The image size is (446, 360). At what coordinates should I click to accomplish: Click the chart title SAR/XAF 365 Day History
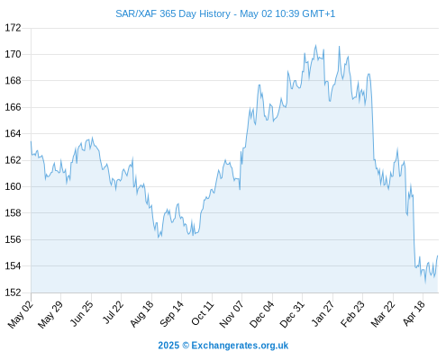point(173,13)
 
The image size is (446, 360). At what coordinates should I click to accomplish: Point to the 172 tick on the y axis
point(13,28)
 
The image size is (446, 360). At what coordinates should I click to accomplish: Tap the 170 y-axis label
point(13,54)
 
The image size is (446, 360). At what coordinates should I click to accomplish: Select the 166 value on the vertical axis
point(13,107)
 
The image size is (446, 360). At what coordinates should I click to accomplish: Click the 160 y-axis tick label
point(13,186)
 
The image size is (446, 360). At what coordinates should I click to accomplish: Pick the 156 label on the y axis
point(13,239)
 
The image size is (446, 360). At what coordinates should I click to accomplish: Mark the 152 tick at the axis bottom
point(13,292)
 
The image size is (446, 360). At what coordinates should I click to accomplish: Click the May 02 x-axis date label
point(21,314)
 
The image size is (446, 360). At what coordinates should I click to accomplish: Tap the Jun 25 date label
point(81,313)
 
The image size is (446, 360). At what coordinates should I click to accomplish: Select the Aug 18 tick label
point(141,313)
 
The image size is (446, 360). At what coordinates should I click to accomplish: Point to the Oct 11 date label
point(202,313)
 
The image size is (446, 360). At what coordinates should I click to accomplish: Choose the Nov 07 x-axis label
point(231,314)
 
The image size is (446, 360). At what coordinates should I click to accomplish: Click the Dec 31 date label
point(292,314)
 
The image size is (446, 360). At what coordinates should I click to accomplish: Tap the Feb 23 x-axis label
point(352,314)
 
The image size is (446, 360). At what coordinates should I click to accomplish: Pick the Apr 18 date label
point(414,313)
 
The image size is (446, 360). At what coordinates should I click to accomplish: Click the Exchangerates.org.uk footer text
point(240,346)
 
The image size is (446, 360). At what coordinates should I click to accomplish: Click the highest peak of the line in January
point(315,45)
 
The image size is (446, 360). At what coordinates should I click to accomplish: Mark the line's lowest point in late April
point(425,282)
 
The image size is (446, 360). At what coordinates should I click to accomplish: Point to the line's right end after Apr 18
point(438,256)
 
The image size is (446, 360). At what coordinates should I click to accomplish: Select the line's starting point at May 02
point(31,141)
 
